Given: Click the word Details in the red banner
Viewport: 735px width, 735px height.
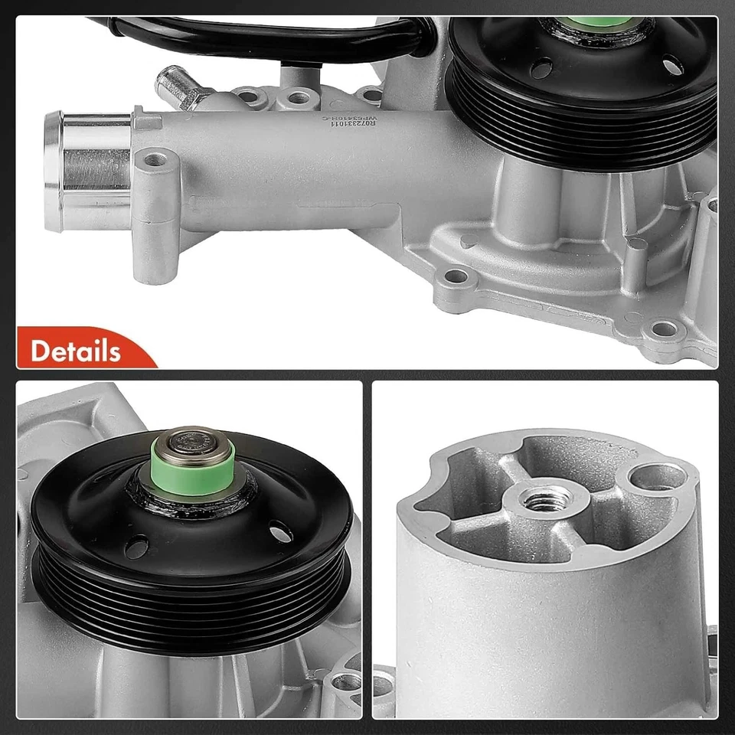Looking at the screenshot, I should click(x=76, y=351).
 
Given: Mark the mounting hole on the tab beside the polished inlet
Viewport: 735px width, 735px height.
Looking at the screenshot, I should click(x=157, y=161).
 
